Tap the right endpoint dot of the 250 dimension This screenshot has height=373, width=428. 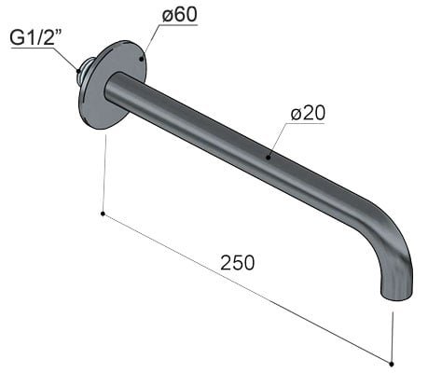pyautogui.click(x=393, y=362)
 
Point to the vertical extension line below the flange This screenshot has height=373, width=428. pyautogui.click(x=104, y=173)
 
